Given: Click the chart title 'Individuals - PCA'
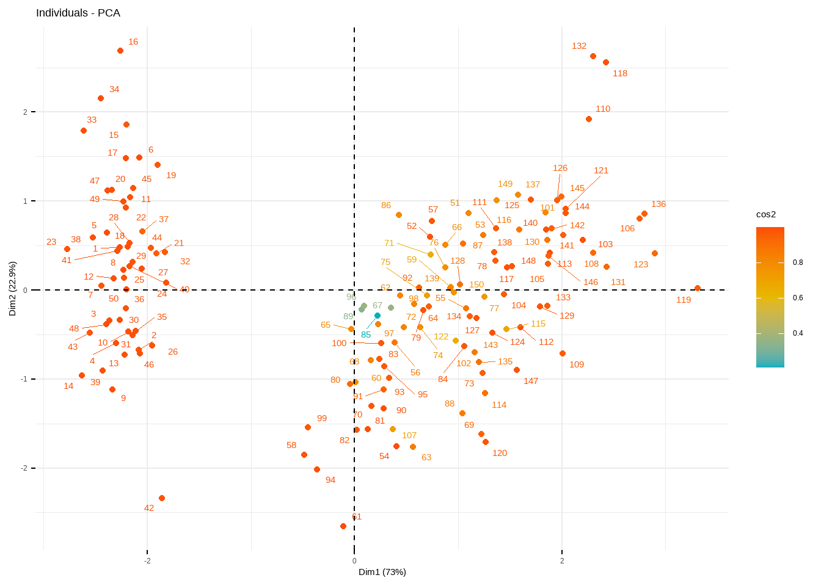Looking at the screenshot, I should click(78, 13).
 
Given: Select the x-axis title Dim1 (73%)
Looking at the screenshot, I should click(382, 572).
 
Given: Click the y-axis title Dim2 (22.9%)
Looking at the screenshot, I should click(13, 289).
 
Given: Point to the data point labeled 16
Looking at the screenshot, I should click(120, 51).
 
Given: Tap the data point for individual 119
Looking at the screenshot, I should click(698, 288).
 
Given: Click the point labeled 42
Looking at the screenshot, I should click(162, 498).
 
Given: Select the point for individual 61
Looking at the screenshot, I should click(343, 526).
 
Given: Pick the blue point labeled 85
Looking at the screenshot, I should click(378, 316).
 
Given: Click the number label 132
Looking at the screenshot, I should click(579, 46).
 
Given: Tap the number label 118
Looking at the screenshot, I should click(620, 73).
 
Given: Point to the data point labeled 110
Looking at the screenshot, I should click(589, 119).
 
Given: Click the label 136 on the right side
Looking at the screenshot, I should click(659, 204).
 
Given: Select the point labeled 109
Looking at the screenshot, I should click(563, 353).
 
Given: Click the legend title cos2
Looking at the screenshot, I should click(766, 214).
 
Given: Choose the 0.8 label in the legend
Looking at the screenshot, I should click(798, 262).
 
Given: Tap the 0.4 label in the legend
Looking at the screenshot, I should click(798, 333).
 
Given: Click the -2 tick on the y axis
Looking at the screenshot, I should click(25, 468).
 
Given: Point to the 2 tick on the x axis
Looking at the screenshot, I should click(562, 561).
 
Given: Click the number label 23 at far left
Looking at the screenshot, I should click(51, 242).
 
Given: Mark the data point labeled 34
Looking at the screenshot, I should click(101, 98).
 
